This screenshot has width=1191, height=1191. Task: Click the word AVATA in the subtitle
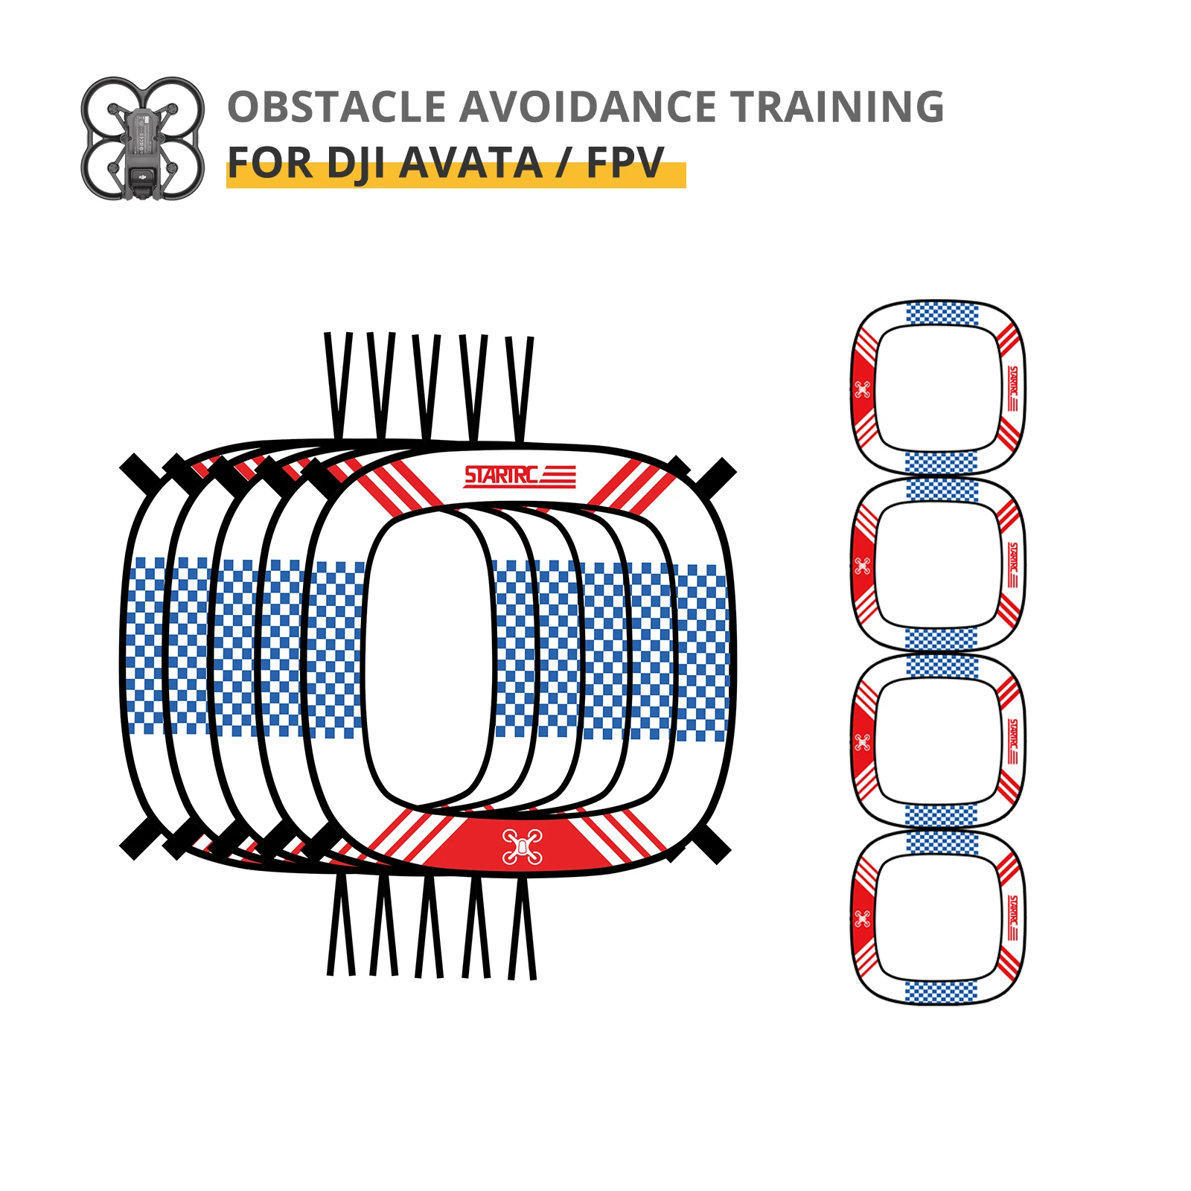pyautogui.click(x=470, y=163)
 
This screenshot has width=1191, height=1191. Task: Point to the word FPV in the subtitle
pyautogui.click(x=625, y=163)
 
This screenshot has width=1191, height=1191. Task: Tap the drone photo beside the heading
pyautogui.click(x=142, y=138)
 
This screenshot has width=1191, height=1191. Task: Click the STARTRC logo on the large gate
pyautogui.click(x=519, y=476)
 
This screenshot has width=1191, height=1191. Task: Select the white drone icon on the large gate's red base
pyautogui.click(x=523, y=846)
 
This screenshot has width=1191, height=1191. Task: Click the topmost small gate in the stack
pyautogui.click(x=938, y=388)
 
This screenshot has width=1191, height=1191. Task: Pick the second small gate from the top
pyautogui.click(x=938, y=565)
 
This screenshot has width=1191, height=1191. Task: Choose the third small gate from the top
pyautogui.click(x=938, y=741)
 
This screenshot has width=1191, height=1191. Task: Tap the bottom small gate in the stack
pyautogui.click(x=938, y=918)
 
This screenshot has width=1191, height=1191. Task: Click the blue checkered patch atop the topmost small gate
pyautogui.click(x=942, y=313)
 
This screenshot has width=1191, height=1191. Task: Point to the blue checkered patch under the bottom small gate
pyautogui.click(x=940, y=992)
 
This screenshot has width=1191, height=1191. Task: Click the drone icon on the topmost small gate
pyautogui.click(x=862, y=389)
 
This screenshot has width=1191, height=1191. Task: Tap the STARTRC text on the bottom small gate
pyautogui.click(x=1012, y=918)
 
